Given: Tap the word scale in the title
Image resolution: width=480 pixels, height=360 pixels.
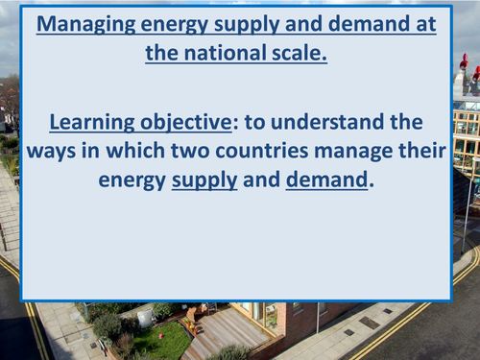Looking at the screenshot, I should coord(299,53).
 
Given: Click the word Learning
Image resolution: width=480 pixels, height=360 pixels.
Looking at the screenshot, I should coord(90,122).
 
